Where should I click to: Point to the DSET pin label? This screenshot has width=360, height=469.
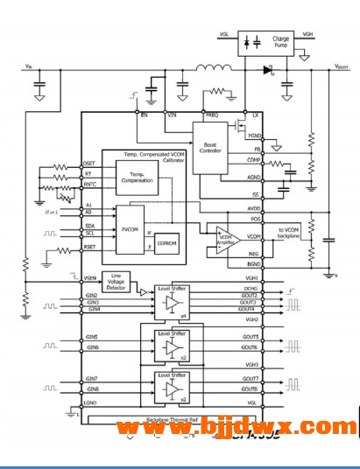coord(89,163)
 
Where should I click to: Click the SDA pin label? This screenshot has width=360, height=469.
coord(89,225)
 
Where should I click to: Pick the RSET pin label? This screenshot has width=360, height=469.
coord(89,248)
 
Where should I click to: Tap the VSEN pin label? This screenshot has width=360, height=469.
coord(90,277)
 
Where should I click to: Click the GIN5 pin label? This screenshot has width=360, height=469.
coord(91,337)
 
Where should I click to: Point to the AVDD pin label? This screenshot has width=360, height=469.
coord(253,209)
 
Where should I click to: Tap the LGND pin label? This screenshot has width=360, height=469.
coord(91,403)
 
